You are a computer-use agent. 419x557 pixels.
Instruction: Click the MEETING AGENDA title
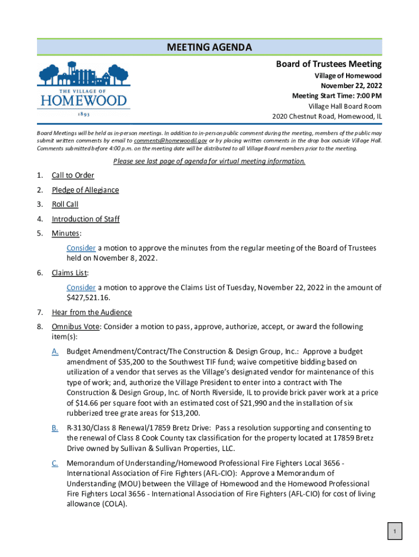pos(209,47)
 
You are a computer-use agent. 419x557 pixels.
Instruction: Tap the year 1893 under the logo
pos(84,115)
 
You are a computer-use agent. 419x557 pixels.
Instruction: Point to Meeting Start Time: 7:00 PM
pos(336,96)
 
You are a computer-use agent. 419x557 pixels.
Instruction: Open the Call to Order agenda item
pos(73,175)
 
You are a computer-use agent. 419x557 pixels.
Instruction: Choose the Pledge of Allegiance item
pos(85,190)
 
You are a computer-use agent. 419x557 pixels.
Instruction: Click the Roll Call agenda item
pos(65,205)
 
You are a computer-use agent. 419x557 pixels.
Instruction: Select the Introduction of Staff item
pos(85,219)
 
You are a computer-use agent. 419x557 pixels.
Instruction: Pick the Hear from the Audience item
pos(91,312)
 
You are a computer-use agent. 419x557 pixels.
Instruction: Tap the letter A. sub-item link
pos(55,352)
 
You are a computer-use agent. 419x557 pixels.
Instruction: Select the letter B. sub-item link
pos(55,428)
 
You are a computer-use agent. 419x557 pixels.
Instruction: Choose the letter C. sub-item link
pos(55,463)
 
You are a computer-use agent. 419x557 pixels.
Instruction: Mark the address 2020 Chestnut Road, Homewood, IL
pos(326,116)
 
